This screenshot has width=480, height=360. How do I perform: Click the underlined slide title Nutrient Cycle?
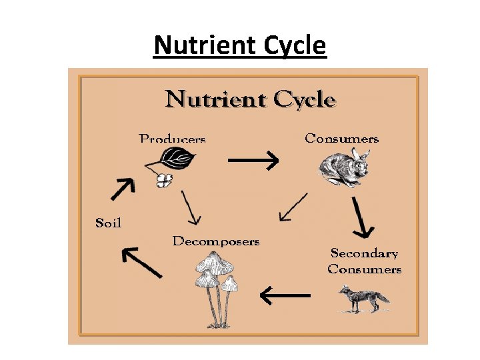coord(240,46)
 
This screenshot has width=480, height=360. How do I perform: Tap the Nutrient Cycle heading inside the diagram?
coord(251,99)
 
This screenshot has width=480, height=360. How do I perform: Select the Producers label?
coord(172,139)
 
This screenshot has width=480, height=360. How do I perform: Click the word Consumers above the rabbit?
coord(341,139)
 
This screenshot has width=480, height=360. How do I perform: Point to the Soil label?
coord(109,223)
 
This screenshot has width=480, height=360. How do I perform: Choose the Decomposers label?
coord(215,241)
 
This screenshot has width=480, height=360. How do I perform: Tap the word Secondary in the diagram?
coord(364,253)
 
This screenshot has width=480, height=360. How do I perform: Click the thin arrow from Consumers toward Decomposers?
coord(293,207)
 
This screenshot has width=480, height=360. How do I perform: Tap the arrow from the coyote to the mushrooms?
coord(285,294)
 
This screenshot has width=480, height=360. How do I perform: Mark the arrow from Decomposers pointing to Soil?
coord(141,261)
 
